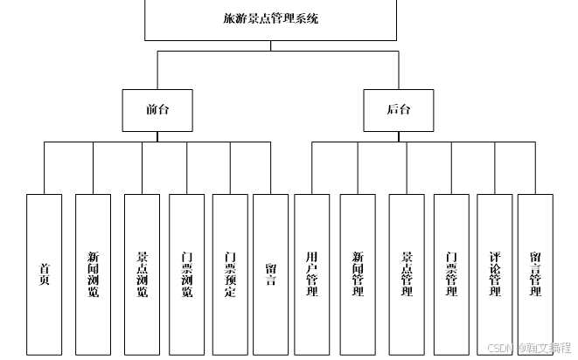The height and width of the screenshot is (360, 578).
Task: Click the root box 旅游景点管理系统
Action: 270,19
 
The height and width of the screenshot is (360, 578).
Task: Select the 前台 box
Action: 157,110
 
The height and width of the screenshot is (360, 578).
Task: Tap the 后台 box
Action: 399,110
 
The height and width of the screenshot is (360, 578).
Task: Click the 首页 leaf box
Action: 44,273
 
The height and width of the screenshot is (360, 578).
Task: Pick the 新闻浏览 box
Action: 93,273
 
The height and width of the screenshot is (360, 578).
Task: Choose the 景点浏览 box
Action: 142,273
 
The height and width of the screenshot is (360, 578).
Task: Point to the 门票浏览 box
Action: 186,273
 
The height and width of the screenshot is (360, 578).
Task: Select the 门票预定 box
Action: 230,273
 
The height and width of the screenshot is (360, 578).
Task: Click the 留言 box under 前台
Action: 270,273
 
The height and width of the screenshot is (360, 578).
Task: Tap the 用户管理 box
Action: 311,273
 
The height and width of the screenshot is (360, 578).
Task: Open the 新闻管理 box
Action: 357,273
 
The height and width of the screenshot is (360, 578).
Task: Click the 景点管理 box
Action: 406,273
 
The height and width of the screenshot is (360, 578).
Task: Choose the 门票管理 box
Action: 451,273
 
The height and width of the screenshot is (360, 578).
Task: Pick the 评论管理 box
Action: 495,273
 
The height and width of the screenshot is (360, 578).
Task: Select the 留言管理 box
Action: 535,273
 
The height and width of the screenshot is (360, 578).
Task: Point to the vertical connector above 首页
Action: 44,168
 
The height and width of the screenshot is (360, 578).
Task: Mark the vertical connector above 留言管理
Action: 535,168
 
